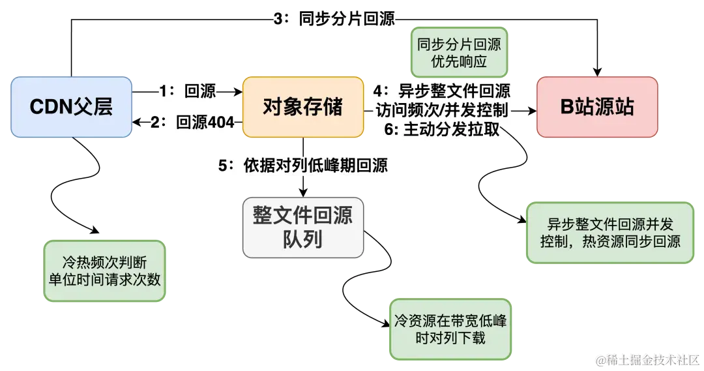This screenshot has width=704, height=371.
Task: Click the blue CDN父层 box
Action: tap(71, 107)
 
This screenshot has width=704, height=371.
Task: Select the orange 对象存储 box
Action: tap(302, 107)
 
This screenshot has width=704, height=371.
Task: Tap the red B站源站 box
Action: tap(596, 107)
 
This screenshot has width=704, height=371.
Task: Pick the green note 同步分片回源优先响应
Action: tap(459, 53)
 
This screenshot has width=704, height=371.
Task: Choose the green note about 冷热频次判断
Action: tap(104, 270)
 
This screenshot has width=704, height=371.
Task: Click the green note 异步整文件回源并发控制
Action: tap(609, 233)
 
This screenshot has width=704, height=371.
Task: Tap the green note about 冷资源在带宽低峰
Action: tap(450, 329)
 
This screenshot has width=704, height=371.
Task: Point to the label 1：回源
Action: tap(188, 91)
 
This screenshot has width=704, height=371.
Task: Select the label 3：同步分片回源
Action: tap(334, 19)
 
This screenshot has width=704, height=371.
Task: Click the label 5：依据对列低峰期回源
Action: tap(303, 166)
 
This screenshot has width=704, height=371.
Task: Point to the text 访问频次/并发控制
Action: tap(441, 110)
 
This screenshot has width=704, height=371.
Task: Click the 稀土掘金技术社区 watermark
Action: tap(646, 359)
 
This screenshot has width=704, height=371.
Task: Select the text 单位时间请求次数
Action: tap(104, 278)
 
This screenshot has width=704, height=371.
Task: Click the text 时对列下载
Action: tap(450, 338)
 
